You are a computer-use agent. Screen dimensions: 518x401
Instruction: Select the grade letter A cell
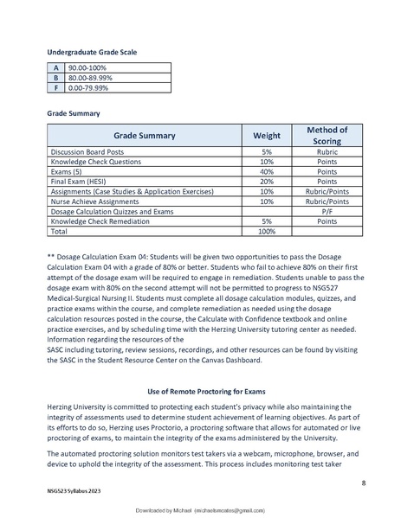(56, 67)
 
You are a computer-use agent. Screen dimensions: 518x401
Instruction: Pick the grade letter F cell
(56, 86)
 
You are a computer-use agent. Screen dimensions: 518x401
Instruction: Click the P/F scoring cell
(327, 211)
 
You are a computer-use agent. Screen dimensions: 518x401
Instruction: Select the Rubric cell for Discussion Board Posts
(327, 151)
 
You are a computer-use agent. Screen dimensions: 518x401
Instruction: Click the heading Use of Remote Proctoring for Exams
(200, 392)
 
